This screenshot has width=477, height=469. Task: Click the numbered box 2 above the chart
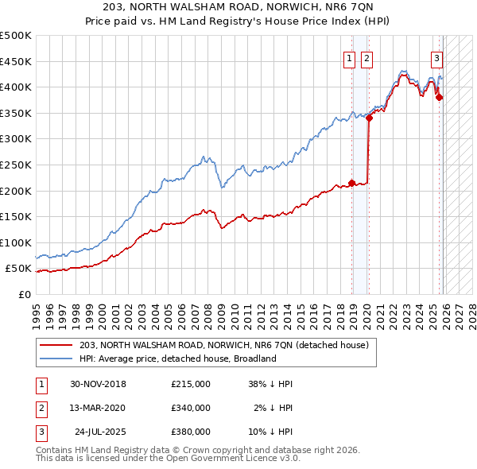coord(366,57)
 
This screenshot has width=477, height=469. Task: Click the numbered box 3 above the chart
coord(436,57)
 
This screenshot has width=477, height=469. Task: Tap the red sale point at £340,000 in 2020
coord(369,118)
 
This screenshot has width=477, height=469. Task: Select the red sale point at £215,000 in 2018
coord(352,183)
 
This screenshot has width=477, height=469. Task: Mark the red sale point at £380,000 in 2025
coord(440,98)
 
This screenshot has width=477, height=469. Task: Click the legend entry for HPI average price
coord(176,359)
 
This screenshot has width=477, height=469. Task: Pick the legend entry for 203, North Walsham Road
coord(223,346)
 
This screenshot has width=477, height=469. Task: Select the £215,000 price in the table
coord(190,384)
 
